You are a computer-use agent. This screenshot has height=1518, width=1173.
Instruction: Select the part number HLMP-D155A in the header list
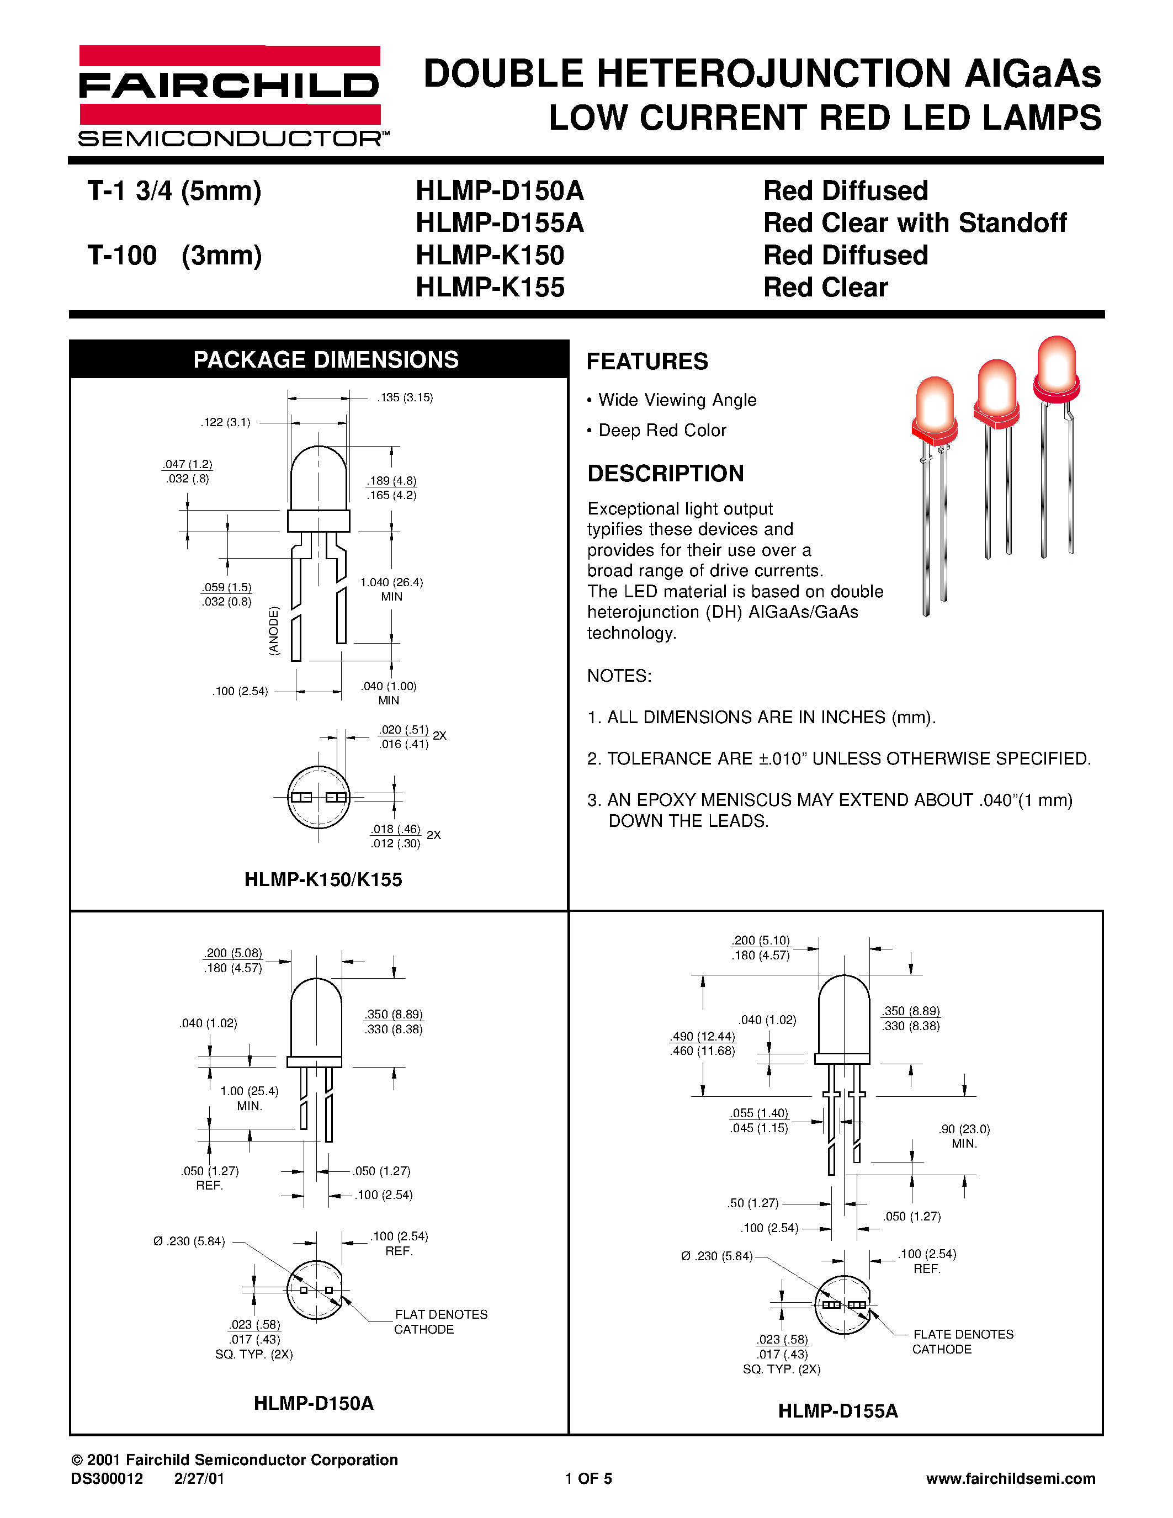click(500, 223)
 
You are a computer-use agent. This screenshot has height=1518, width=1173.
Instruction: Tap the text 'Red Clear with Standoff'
click(915, 223)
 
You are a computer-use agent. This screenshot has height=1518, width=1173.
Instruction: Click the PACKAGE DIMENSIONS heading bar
click(325, 359)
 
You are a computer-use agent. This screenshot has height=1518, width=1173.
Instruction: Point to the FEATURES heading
click(647, 362)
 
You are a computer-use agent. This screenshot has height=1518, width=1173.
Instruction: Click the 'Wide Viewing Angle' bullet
click(676, 400)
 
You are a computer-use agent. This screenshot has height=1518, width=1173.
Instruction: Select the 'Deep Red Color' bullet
click(661, 430)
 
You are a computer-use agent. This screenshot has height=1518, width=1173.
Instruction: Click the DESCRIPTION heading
click(665, 473)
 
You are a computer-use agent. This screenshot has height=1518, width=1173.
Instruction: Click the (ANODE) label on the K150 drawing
click(274, 630)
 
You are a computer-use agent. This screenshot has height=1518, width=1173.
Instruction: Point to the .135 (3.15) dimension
click(405, 397)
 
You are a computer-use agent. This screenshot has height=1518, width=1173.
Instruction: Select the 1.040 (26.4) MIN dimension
click(391, 589)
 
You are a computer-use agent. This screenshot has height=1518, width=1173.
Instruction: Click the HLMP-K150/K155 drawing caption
click(323, 879)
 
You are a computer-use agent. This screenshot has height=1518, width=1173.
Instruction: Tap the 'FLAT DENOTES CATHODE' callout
click(440, 1321)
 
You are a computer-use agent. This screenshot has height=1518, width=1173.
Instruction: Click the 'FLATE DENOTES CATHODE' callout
click(963, 1341)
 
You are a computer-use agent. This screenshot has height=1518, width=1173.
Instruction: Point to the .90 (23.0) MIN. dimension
click(964, 1135)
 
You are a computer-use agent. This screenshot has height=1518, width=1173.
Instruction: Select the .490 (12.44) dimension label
click(703, 1036)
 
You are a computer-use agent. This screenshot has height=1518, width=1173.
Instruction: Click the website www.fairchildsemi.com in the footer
click(1010, 1478)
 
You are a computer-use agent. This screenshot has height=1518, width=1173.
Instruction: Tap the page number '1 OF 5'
click(588, 1478)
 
